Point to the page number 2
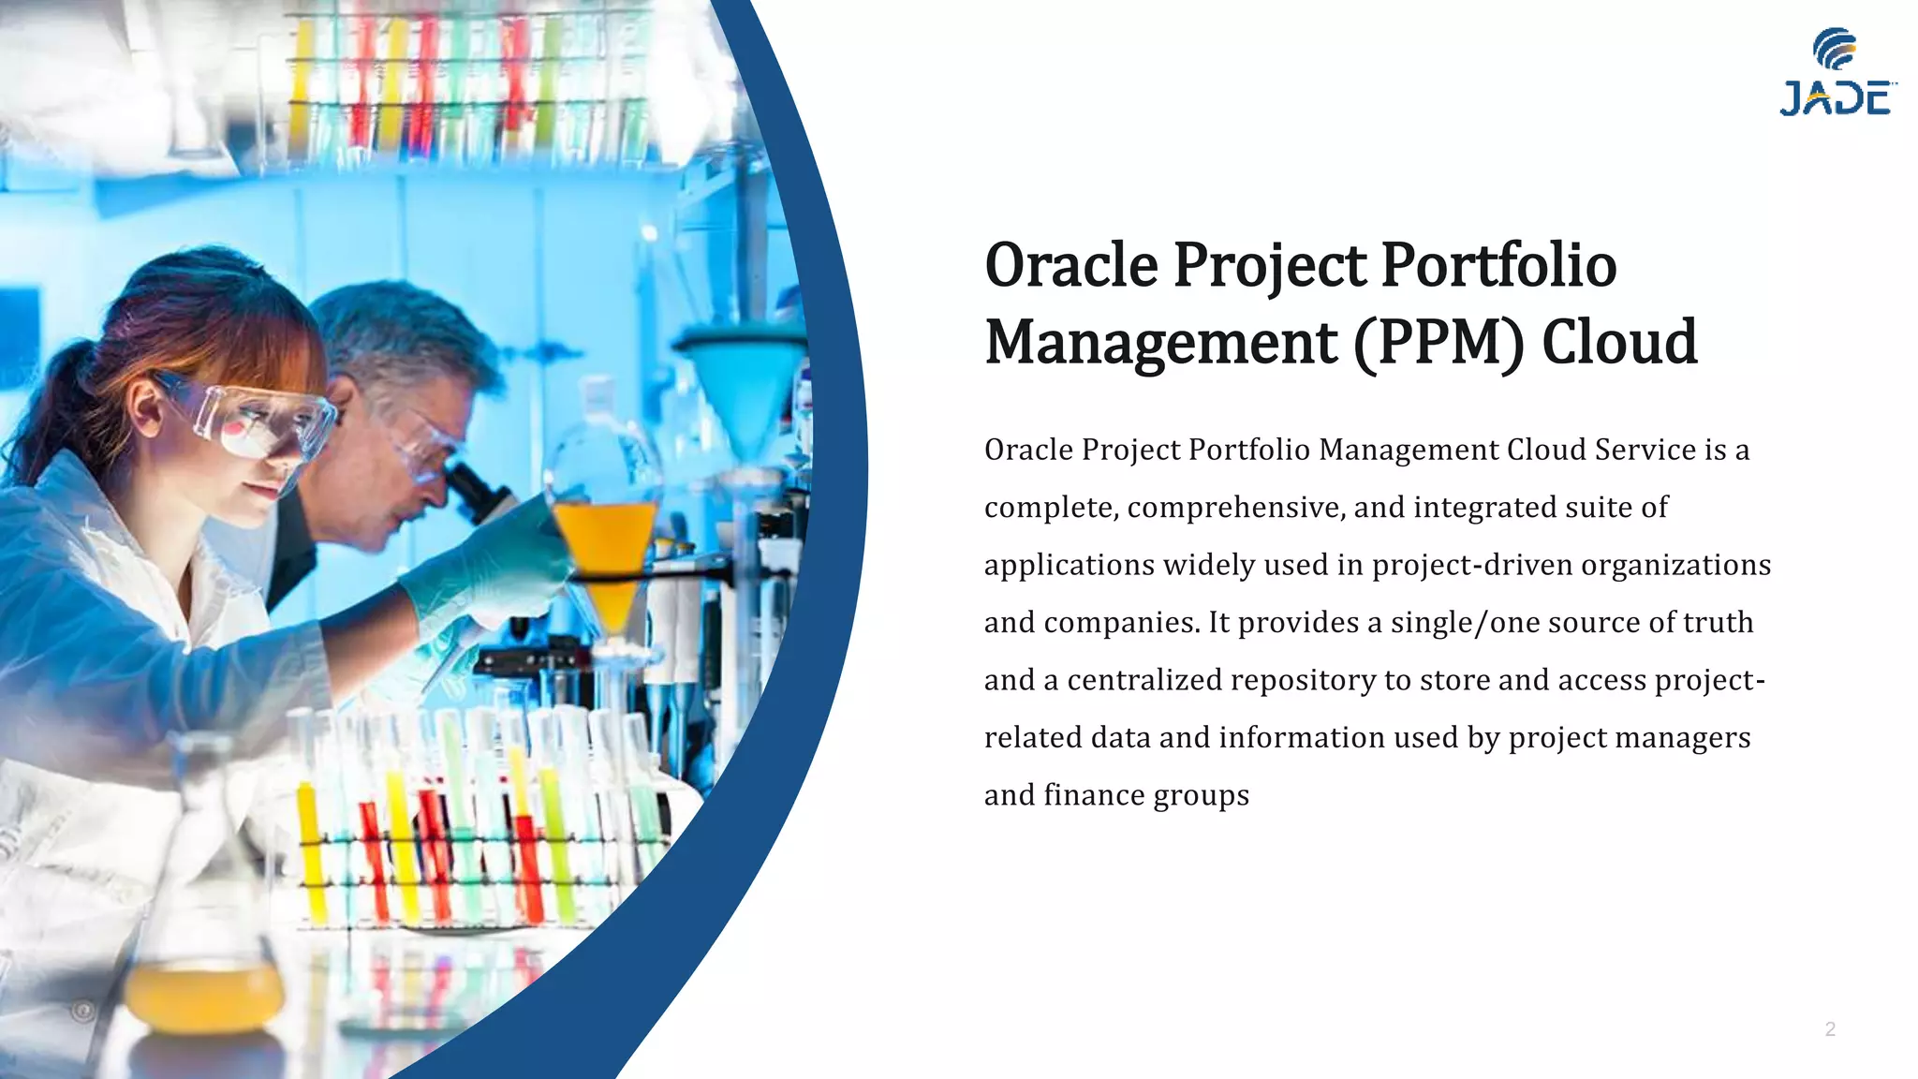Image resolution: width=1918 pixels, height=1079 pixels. pos(1830,1029)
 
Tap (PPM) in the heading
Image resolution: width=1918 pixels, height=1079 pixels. pos(1438,343)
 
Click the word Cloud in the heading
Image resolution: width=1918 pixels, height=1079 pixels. pos(1619,343)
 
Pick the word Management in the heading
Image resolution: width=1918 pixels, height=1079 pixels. pos(1161,343)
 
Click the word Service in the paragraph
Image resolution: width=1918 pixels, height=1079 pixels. pos(1645,451)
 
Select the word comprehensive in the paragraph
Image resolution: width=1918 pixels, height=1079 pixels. pos(1236,509)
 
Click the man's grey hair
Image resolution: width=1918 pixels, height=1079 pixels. pos(393,328)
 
